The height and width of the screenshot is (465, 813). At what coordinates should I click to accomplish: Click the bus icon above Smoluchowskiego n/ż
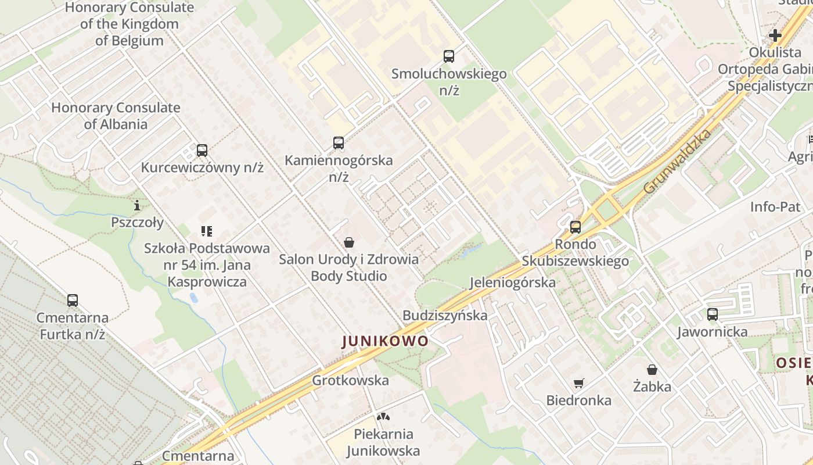coord(448,56)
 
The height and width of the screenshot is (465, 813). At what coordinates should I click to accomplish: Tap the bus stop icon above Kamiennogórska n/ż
coord(338,143)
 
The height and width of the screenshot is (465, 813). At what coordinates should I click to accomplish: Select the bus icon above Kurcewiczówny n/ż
coord(202,151)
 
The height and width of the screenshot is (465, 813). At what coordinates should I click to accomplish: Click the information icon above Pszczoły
coord(137,205)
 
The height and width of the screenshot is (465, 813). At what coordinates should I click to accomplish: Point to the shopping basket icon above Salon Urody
coord(349,242)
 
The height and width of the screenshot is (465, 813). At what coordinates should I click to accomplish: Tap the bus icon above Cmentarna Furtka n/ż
coord(73,301)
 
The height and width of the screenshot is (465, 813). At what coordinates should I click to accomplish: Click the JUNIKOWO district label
coord(385,341)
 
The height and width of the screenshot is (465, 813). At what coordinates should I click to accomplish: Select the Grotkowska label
coord(350,381)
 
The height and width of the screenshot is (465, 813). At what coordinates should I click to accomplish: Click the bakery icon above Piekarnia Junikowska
coord(383,417)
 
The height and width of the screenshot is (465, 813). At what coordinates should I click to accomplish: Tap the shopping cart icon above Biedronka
coord(578,383)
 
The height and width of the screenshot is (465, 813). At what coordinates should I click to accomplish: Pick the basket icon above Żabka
coord(652,370)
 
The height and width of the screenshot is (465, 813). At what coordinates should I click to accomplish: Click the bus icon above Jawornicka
coord(713,314)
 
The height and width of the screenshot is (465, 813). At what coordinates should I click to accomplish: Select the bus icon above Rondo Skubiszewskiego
coord(575,227)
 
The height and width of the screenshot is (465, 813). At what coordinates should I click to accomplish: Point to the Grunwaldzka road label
coord(678,162)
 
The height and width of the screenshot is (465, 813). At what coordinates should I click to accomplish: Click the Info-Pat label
coord(775,207)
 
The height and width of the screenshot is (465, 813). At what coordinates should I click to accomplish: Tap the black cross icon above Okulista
coord(775,35)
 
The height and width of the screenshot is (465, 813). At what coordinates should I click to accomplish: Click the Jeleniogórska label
coord(512,283)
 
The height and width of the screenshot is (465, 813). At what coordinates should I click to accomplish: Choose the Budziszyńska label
coord(445,316)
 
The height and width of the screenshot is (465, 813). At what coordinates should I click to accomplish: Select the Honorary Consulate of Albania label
coord(116,116)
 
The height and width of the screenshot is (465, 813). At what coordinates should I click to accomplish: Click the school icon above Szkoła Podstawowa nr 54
coord(207,231)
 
